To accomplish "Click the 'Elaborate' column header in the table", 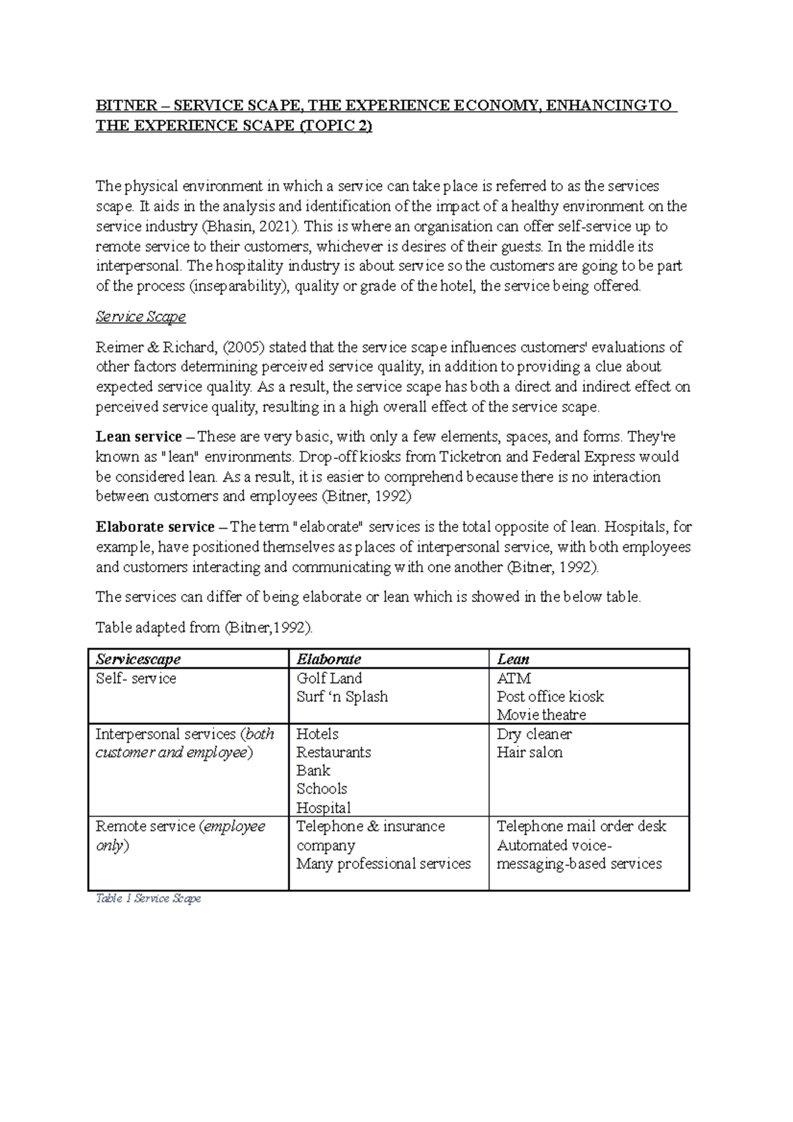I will click(328, 659).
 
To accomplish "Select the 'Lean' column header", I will click(513, 659).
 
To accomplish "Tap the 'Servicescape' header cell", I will click(138, 659).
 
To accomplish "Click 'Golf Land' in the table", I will click(329, 678).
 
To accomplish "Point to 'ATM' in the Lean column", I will click(513, 678).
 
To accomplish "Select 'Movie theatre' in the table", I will click(541, 714).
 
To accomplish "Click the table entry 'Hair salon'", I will click(529, 752).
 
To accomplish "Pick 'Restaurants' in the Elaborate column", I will click(333, 752).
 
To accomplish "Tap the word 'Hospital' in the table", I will click(323, 807).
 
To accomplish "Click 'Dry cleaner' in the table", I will click(534, 734).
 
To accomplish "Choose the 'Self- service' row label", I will click(136, 678).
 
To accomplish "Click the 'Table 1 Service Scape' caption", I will click(148, 899).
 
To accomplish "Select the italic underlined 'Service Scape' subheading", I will click(141, 317).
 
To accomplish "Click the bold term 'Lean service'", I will click(139, 437).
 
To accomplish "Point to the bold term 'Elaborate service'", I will click(155, 527).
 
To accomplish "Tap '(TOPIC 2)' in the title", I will click(336, 126).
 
